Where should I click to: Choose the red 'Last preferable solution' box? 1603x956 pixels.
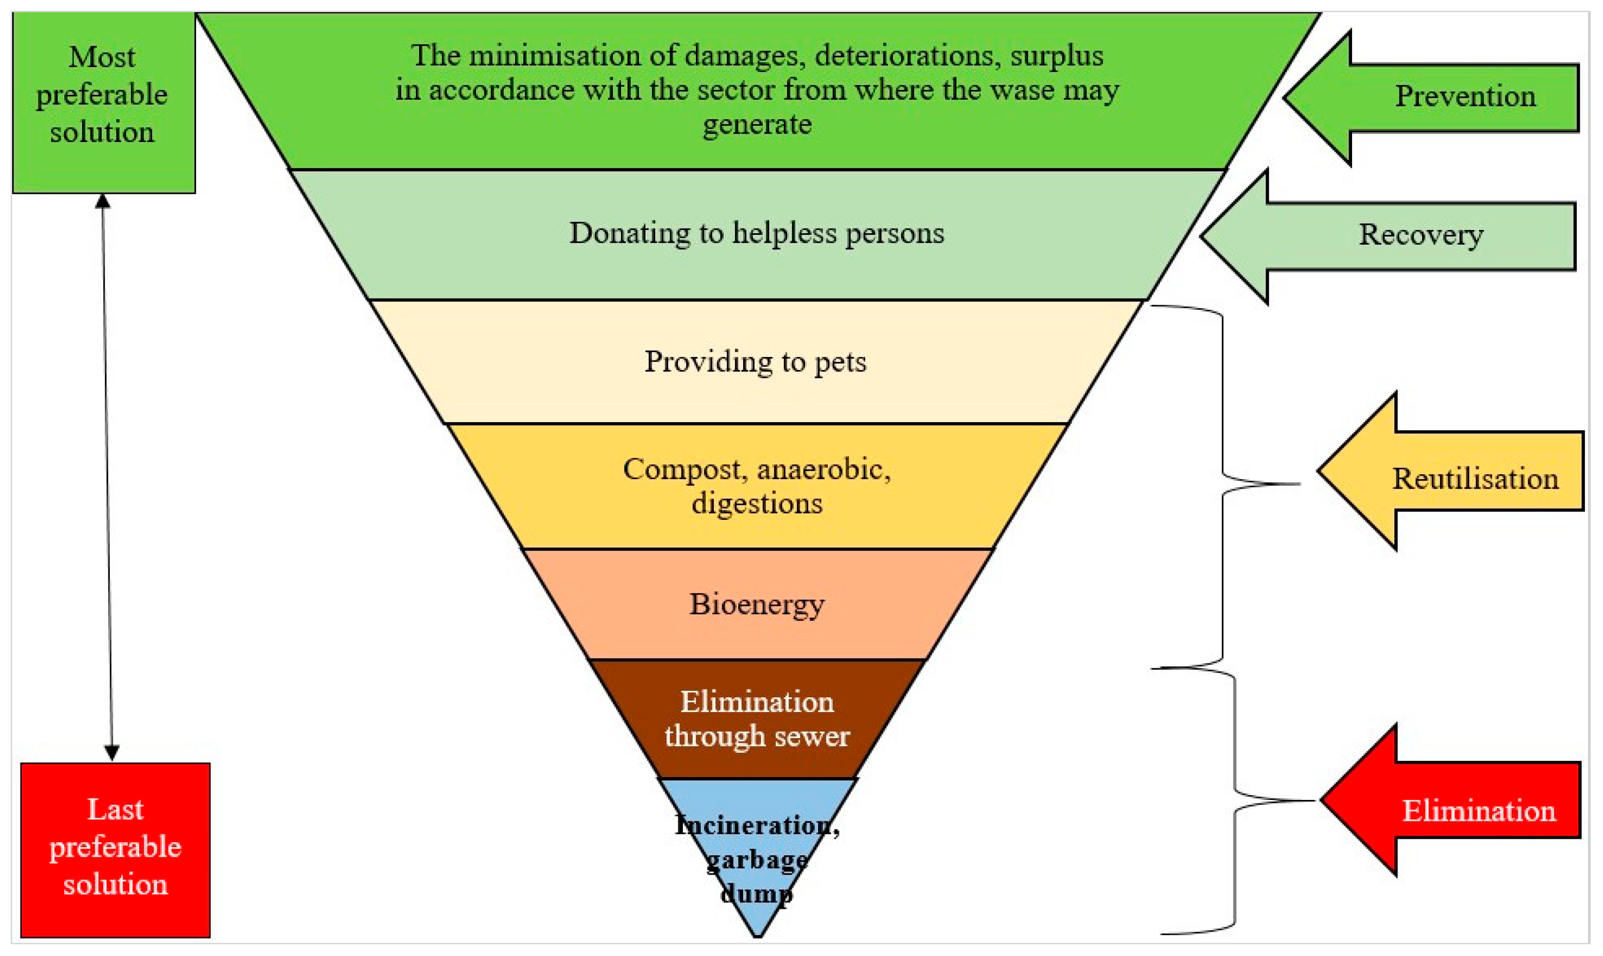point(115,849)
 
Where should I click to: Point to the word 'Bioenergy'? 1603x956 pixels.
point(757,605)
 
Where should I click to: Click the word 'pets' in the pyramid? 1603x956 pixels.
point(841,362)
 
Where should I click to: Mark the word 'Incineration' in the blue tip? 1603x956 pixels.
point(754,825)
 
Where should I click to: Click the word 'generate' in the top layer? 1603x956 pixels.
point(757,124)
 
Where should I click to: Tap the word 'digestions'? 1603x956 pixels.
point(757,504)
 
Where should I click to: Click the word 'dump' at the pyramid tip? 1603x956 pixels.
point(757,893)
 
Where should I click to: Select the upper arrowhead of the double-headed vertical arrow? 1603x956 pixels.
point(103,201)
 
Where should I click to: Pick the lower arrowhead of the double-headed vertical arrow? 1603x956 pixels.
point(111,752)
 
